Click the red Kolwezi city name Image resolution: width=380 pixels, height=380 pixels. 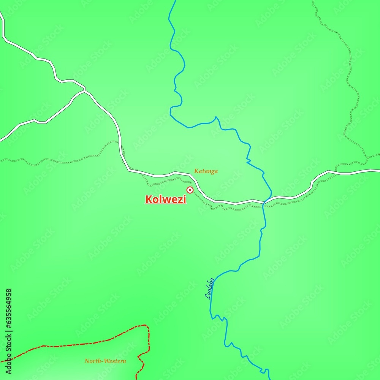tap(166, 199)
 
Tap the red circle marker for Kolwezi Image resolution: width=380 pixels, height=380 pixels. tap(190, 190)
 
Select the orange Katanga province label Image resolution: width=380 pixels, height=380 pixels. tap(206, 171)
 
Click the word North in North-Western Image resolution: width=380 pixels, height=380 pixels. tap(92, 361)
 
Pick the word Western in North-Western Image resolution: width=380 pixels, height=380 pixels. tap(115, 361)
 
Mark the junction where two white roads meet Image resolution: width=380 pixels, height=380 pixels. tap(84, 90)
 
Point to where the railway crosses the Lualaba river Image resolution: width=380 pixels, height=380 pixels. tap(263, 206)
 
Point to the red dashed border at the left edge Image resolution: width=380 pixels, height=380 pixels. tap(2, 361)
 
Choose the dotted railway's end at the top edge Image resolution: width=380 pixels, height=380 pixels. tap(313, 1)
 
